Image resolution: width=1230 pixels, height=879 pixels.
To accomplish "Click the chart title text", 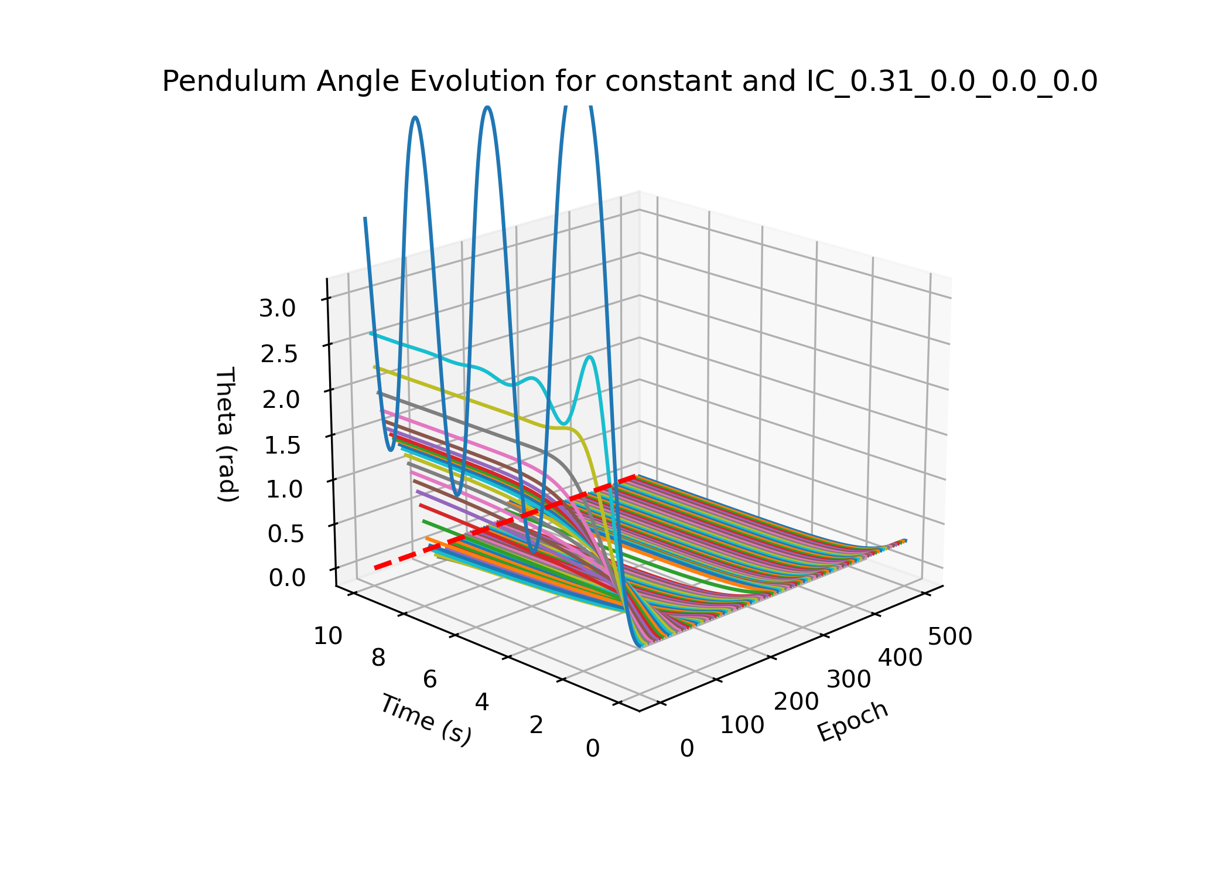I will [x=630, y=81].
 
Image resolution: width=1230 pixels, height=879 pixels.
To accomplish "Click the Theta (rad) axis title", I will [x=227, y=434].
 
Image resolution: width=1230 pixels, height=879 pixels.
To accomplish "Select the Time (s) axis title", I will [x=426, y=719].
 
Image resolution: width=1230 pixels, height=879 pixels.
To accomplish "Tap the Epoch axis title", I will [x=853, y=721].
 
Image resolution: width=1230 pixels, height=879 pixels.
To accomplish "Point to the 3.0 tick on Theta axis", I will [x=278, y=308].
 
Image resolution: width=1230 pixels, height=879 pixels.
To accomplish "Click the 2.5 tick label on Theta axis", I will [x=279, y=354].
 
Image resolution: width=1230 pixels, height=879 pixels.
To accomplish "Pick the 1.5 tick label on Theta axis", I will [x=282, y=445].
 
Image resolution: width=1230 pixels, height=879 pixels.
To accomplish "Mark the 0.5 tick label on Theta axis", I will [x=286, y=534].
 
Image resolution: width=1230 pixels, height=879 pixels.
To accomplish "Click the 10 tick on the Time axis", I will [x=328, y=636].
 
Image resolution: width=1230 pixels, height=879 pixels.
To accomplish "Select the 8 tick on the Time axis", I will [x=378, y=658].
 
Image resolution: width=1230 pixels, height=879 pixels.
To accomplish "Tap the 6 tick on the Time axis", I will [x=430, y=680].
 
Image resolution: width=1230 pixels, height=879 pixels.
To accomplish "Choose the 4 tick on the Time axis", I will [x=482, y=702].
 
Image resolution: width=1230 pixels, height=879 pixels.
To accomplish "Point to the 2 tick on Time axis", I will [x=537, y=725].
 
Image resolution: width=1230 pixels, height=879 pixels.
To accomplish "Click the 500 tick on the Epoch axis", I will [x=950, y=636].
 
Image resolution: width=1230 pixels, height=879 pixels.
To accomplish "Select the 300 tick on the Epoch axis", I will [x=849, y=680].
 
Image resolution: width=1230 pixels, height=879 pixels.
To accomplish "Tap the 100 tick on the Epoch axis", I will [x=742, y=725].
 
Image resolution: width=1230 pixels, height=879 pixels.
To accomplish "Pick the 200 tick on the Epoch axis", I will [x=796, y=701].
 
